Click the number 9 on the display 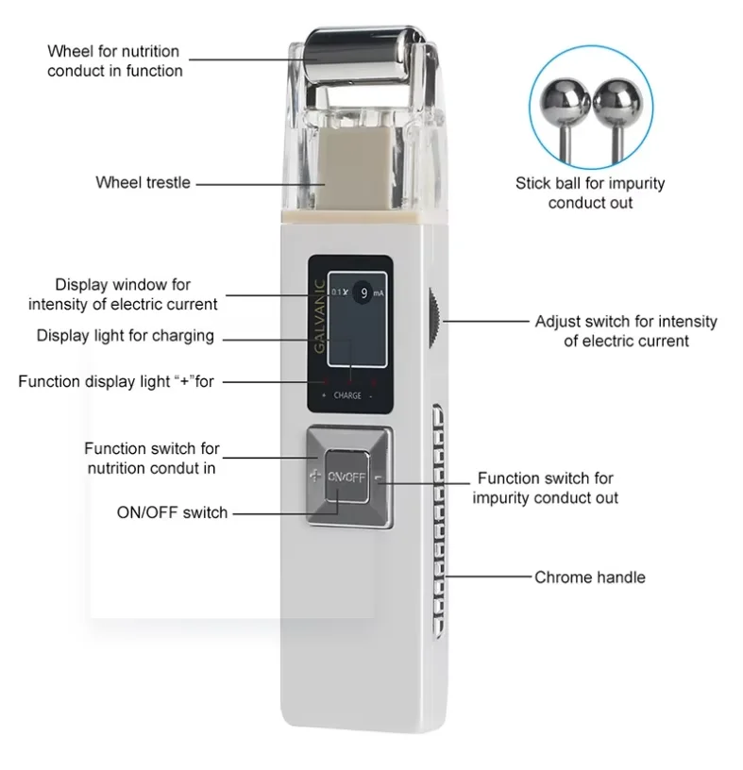(364, 293)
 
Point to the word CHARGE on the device (347, 395)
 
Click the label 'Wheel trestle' (143, 182)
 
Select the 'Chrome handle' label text (590, 577)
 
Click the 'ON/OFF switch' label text (172, 512)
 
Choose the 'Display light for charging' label (126, 336)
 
